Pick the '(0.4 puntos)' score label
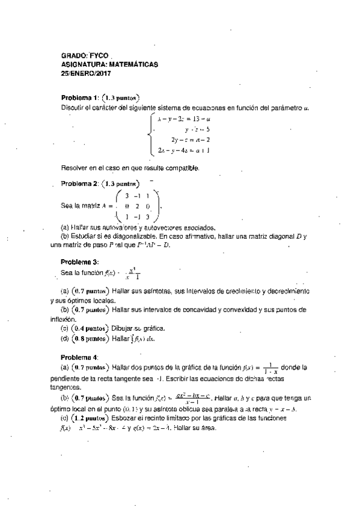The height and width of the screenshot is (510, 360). (89, 329)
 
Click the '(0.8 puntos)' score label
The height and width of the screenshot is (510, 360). (89, 339)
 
